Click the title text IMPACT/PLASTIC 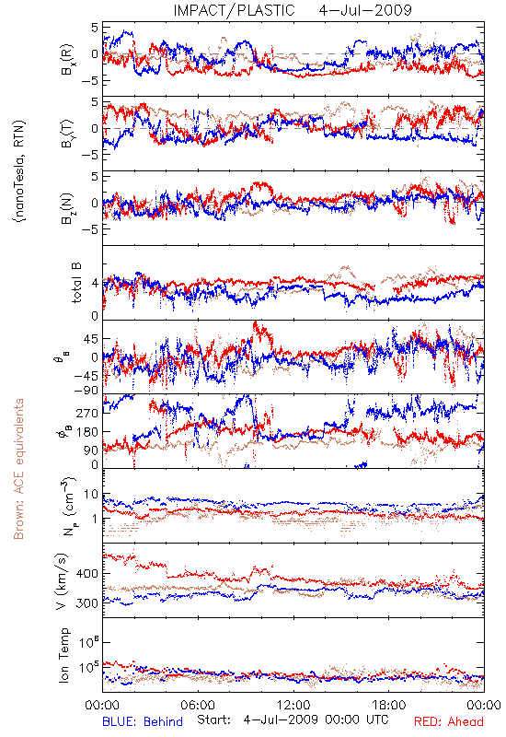click(x=234, y=10)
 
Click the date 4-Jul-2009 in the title click(x=365, y=10)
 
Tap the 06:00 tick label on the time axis click(x=198, y=705)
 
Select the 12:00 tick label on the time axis click(x=293, y=705)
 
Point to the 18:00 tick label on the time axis click(x=389, y=705)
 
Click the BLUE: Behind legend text click(x=143, y=721)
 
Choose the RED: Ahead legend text click(x=448, y=721)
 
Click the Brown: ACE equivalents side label click(x=18, y=469)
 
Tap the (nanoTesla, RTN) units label click(x=19, y=170)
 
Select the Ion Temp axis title click(x=63, y=655)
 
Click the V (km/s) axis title click(x=62, y=581)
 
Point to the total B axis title click(x=76, y=283)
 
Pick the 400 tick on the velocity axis click(x=86, y=573)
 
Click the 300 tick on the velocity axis click(x=86, y=603)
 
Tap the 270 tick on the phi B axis click(x=86, y=413)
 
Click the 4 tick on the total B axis click(x=95, y=284)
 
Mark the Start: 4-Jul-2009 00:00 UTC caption click(x=293, y=719)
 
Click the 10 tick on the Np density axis click(x=91, y=495)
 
